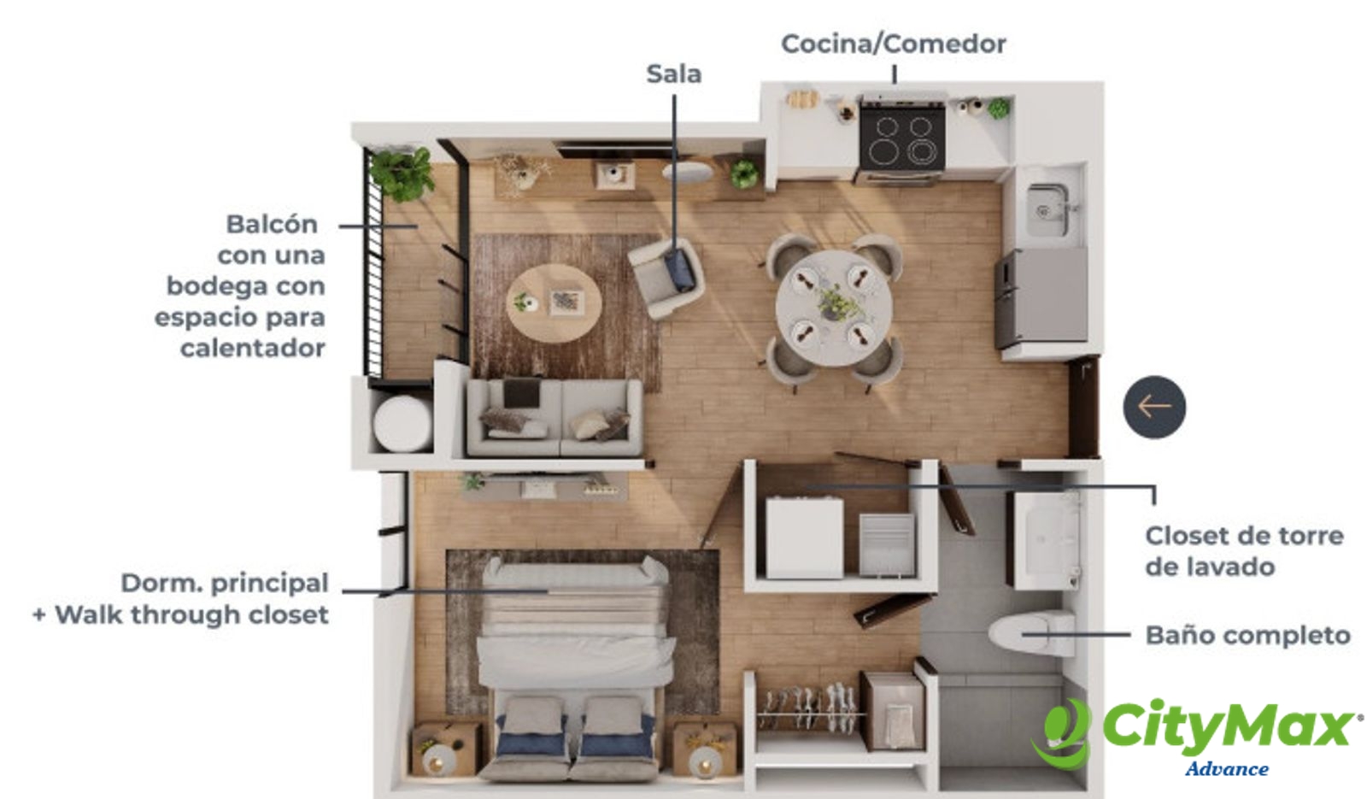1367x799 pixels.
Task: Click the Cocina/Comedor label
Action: coord(894,44)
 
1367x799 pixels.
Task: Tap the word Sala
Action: coord(674,73)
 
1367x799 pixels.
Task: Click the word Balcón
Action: coord(273,224)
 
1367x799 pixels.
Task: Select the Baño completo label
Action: coord(1247,636)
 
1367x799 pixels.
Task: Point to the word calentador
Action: coord(253,348)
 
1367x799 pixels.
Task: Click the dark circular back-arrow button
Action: coord(1154,407)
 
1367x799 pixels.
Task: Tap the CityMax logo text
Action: coord(1227,727)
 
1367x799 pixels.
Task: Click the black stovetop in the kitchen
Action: coord(902,140)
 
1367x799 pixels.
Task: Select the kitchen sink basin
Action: coord(1047,210)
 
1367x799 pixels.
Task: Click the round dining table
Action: coord(834,308)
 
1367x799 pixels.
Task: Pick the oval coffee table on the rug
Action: coord(554,303)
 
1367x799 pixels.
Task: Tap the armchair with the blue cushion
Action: coord(666,277)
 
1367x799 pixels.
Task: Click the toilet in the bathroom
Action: coord(1031,634)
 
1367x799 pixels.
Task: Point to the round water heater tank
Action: coord(402,424)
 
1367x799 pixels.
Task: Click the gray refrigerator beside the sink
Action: coord(1041,297)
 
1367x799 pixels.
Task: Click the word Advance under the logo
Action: coord(1227,768)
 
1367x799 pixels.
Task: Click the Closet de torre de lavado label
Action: coord(1244,551)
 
